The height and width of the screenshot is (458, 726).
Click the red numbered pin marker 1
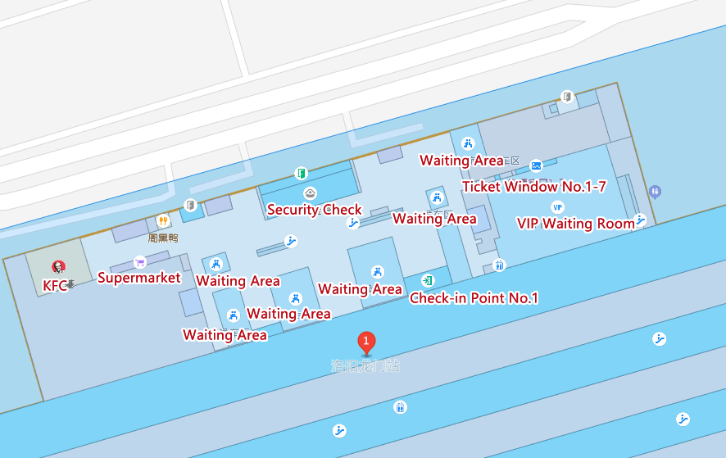point(366,342)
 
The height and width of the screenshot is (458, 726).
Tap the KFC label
point(55,286)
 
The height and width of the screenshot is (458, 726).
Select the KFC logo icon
point(57,266)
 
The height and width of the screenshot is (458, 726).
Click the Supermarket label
point(138,278)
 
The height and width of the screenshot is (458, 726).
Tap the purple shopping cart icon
point(139,262)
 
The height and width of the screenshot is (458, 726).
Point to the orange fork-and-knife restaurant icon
point(163,221)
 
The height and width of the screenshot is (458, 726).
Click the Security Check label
point(315,210)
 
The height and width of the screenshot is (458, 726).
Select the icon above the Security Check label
point(311,193)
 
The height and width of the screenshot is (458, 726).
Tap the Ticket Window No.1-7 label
point(534,187)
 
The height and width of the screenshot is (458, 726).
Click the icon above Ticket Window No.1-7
point(536,166)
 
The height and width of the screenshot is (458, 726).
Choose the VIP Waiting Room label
point(575,223)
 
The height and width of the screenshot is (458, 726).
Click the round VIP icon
point(558,206)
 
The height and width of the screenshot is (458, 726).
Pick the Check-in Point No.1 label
point(474,298)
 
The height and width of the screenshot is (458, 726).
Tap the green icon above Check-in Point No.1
point(428,281)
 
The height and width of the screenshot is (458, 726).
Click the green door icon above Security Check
point(302,173)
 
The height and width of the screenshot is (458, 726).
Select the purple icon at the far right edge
point(654,192)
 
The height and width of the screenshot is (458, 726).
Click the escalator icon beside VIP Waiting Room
point(640,220)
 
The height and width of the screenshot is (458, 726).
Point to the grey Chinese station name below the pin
point(365,366)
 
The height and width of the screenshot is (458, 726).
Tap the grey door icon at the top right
point(565,97)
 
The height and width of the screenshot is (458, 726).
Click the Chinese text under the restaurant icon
point(163,238)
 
